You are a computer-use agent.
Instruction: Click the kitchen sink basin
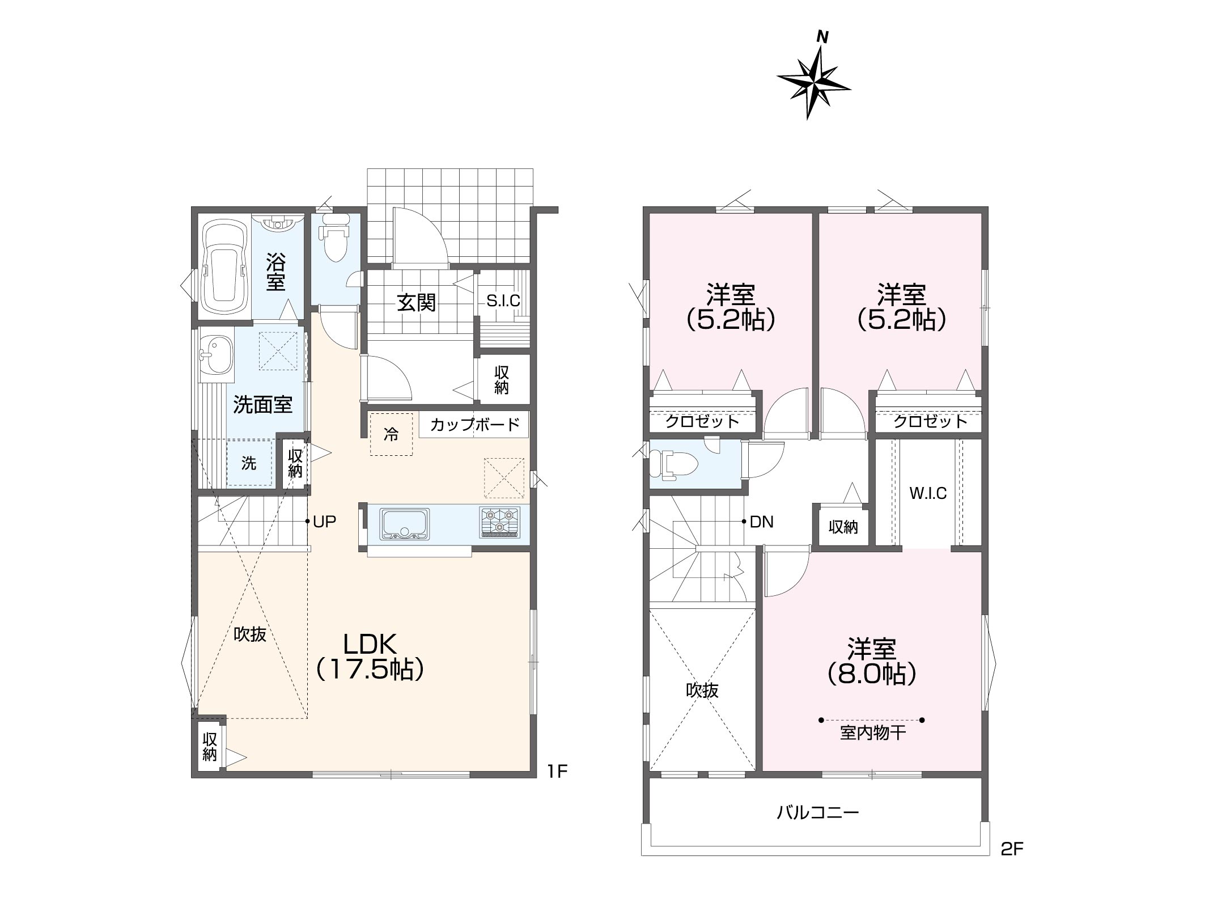(405, 523)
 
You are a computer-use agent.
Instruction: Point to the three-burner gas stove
(499, 522)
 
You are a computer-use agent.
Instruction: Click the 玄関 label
(416, 302)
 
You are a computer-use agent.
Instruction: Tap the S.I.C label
(503, 300)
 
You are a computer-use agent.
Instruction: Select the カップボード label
(474, 424)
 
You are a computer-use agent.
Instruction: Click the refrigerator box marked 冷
(391, 434)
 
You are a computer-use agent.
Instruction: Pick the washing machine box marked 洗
(249, 463)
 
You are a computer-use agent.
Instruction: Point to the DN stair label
(761, 522)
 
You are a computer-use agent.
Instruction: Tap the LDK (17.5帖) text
(370, 657)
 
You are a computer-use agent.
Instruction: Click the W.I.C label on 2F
(928, 493)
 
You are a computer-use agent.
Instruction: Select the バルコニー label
(818, 813)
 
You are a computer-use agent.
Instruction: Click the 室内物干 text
(872, 733)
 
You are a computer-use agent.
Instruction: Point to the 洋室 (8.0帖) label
(872, 661)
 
